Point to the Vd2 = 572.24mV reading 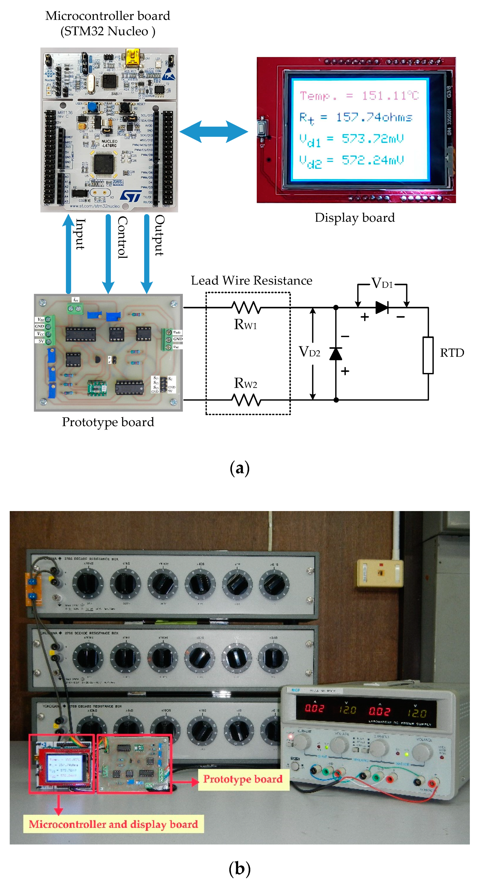[x=351, y=160]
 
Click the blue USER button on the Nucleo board [x=92, y=107]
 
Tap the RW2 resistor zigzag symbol [x=246, y=400]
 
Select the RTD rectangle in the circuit [x=428, y=355]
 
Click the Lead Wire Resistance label [x=251, y=281]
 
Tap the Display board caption [x=354, y=218]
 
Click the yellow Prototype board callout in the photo [x=243, y=779]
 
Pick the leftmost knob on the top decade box [x=87, y=583]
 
